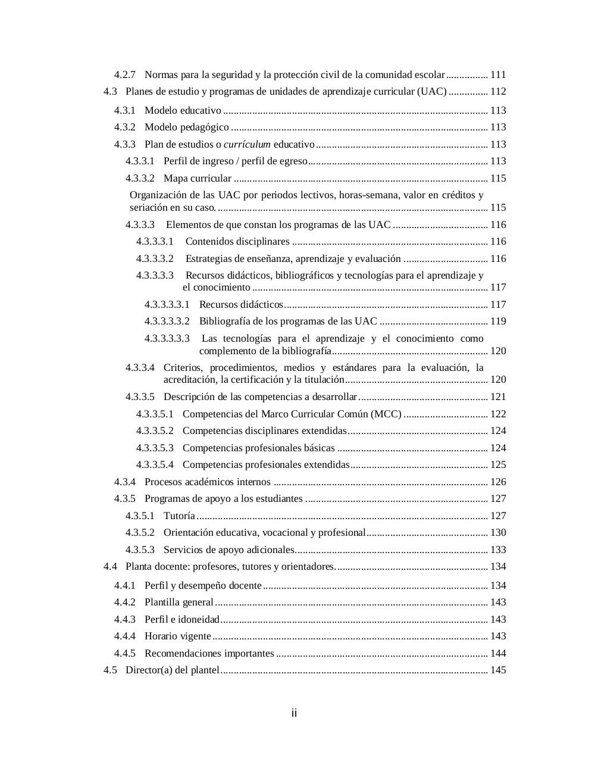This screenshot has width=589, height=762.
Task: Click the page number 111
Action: tap(498, 74)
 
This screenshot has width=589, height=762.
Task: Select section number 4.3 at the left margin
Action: tap(110, 91)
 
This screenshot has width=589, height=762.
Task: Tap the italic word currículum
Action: tap(247, 144)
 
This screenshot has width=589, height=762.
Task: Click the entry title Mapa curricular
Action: tap(198, 178)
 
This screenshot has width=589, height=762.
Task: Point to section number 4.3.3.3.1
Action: tap(155, 241)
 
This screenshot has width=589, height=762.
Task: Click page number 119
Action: tap(498, 321)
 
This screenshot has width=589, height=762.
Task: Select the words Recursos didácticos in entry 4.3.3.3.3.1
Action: tap(241, 304)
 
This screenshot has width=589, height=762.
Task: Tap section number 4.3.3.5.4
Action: tap(155, 464)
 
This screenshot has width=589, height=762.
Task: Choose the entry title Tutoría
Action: tap(179, 516)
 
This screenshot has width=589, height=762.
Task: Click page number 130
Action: tap(498, 532)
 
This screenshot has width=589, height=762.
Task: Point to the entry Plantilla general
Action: tap(179, 602)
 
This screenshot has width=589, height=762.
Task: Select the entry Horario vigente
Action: tap(178, 636)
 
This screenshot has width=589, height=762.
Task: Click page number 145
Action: tap(498, 670)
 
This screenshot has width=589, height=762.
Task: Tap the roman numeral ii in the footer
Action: tap(294, 713)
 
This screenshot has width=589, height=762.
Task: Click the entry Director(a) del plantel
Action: tap(173, 670)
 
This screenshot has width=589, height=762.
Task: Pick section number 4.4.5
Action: tap(125, 653)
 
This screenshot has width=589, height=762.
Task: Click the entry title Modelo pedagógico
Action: tap(187, 127)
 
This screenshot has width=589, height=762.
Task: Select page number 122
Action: tap(498, 414)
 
